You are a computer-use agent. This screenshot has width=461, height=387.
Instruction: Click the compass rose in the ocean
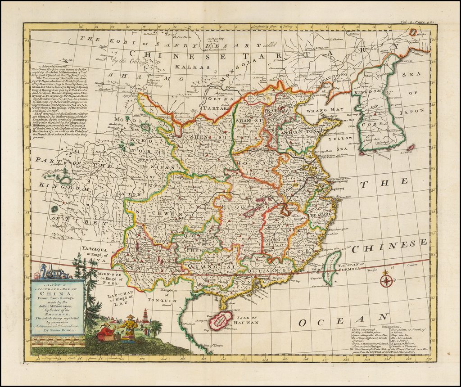pyautogui.click(x=386, y=281)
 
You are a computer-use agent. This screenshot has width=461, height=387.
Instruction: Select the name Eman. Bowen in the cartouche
pyautogui.click(x=58, y=330)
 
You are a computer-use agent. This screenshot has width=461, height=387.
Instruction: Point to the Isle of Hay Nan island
pyautogui.click(x=220, y=320)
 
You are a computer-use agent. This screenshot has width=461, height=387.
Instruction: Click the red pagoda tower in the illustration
pyautogui.click(x=145, y=316)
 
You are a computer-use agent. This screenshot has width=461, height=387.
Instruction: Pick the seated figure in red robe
pyautogui.click(x=106, y=332)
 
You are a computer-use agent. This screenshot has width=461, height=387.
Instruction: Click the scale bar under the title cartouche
pyautogui.click(x=57, y=340)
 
